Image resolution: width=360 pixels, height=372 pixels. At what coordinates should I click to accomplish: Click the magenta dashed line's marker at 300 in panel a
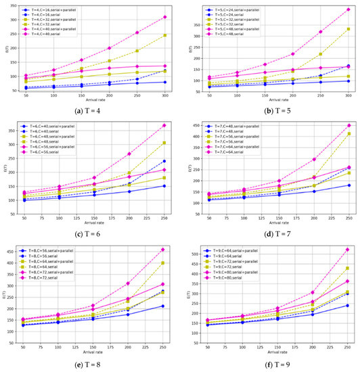click(x=164, y=17)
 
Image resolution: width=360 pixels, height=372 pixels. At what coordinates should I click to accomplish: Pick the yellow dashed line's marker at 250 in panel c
click(x=164, y=143)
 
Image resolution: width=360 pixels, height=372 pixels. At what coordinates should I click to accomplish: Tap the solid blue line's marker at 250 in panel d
click(x=348, y=185)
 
